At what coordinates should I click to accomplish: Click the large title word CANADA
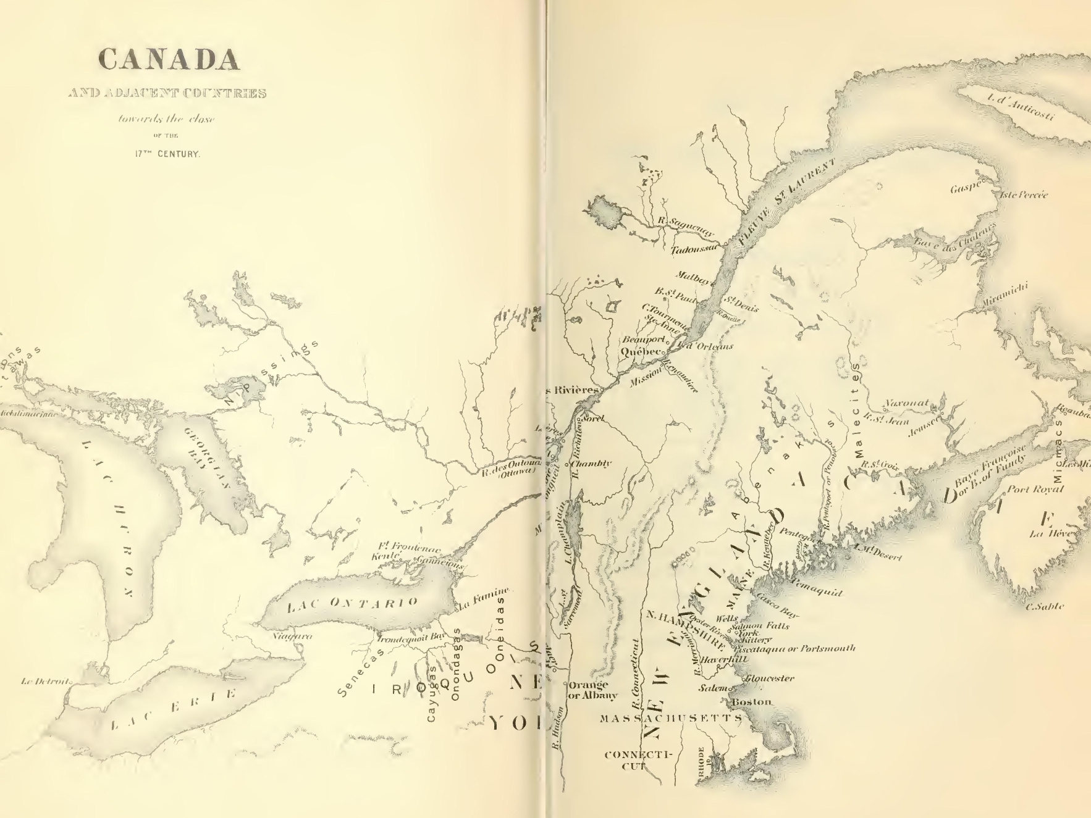tap(169, 59)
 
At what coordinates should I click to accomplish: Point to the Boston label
tap(751, 702)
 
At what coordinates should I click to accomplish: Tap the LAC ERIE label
tap(174, 709)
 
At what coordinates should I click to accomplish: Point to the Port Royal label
tap(1035, 490)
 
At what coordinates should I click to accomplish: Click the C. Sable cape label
tap(1044, 607)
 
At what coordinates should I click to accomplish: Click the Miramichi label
tap(1005, 296)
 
